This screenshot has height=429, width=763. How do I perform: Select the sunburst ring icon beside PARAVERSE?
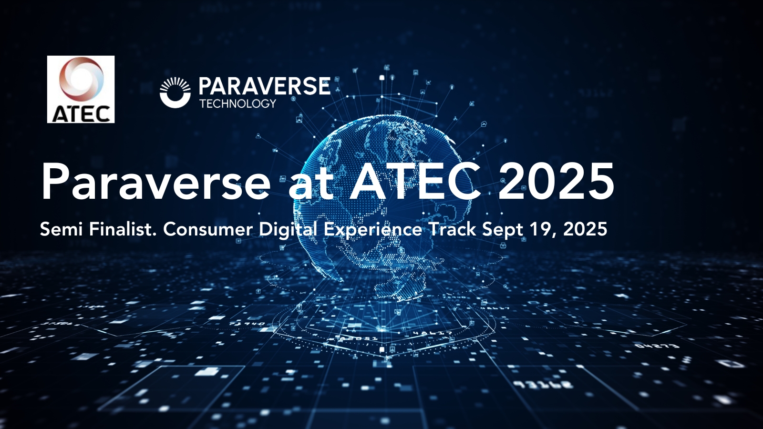(175, 92)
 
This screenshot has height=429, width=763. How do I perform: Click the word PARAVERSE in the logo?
(264, 86)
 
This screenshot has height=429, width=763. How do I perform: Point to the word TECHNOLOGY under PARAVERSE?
(238, 103)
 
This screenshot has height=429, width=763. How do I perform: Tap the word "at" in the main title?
(310, 184)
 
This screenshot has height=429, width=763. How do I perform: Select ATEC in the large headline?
(415, 181)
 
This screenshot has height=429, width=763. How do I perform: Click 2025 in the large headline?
(556, 181)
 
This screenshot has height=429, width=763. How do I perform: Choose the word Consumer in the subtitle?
(207, 229)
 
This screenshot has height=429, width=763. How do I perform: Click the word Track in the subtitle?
(453, 229)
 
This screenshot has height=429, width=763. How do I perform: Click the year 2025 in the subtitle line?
(585, 229)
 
